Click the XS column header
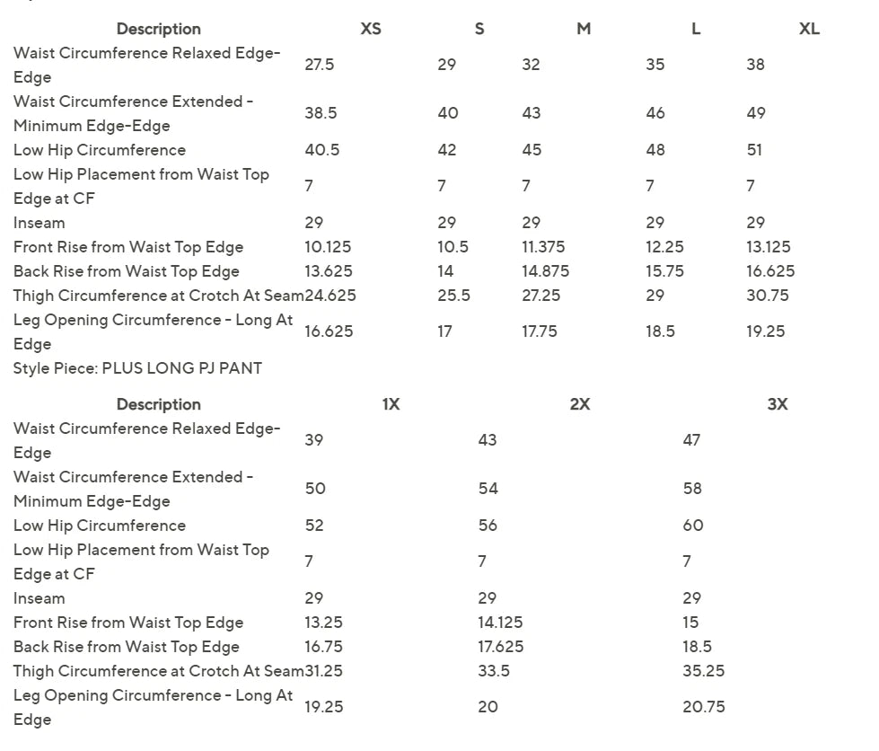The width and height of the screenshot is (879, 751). pyautogui.click(x=371, y=29)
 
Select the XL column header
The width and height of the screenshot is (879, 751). pyautogui.click(x=809, y=29)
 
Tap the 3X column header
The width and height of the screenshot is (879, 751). pyautogui.click(x=778, y=404)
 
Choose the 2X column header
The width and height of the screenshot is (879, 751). pyautogui.click(x=580, y=404)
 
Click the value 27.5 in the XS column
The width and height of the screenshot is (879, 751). pyautogui.click(x=320, y=65)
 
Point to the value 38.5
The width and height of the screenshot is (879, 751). pyautogui.click(x=321, y=113)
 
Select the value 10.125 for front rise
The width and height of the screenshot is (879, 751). pyautogui.click(x=328, y=247)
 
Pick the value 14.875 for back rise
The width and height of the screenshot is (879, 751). pyautogui.click(x=545, y=271)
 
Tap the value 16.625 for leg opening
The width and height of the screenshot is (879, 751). pyautogui.click(x=329, y=331)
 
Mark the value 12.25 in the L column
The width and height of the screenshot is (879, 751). pyautogui.click(x=664, y=247)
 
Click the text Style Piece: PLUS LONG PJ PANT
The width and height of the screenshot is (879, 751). pyautogui.click(x=137, y=368)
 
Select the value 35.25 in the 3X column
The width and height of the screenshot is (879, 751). pyautogui.click(x=703, y=671)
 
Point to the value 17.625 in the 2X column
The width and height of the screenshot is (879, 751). pyautogui.click(x=500, y=647)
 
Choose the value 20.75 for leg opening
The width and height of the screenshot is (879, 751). pyautogui.click(x=703, y=707)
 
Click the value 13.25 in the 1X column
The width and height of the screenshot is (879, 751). pyautogui.click(x=323, y=623)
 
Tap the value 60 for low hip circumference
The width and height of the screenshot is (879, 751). pyautogui.click(x=692, y=526)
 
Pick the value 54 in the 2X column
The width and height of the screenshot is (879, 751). pyautogui.click(x=488, y=489)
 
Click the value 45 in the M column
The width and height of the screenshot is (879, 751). pyautogui.click(x=532, y=150)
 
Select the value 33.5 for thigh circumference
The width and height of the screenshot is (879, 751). pyautogui.click(x=494, y=671)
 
